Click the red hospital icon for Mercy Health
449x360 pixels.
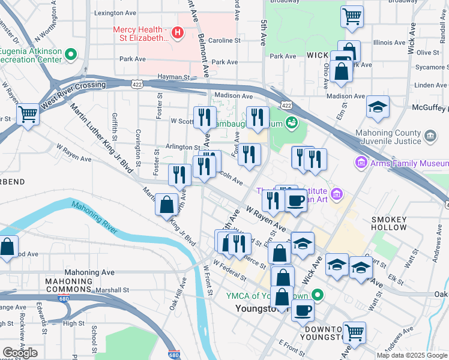pos(177,32)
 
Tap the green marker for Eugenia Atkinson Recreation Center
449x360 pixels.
pos(71,55)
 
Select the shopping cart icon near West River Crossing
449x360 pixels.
pos(28,115)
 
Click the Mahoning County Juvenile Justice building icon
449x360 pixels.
pos(430,136)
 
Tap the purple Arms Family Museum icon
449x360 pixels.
pos(361,163)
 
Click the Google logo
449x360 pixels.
pos(20,353)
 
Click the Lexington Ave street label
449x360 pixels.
pos(115,13)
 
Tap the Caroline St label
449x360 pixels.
pos(224,41)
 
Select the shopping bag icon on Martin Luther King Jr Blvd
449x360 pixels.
pos(166,205)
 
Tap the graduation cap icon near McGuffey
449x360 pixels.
pos(376,107)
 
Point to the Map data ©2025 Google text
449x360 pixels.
pos(412,355)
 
